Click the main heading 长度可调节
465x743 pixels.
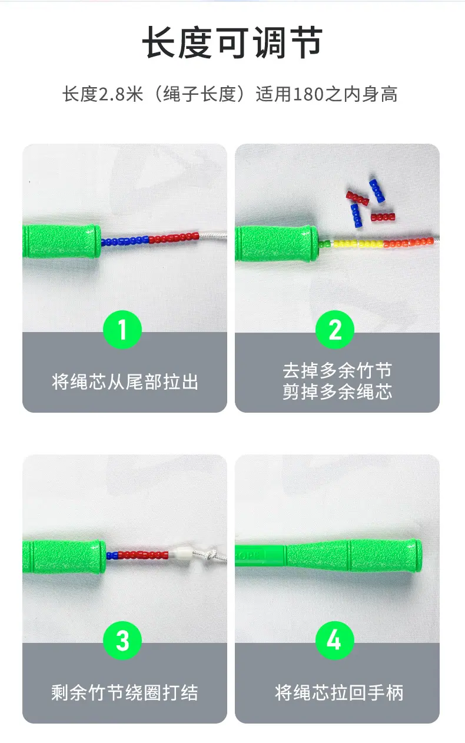coord(232,43)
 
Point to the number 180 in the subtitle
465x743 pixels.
coord(308,94)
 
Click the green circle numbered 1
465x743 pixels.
coord(122,330)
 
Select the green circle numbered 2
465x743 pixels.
coord(335,330)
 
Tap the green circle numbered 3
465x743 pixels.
coord(122,641)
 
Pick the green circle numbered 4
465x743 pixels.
coord(335,641)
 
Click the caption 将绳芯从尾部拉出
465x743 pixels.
coord(125,382)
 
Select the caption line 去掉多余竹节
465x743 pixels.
coord(337,370)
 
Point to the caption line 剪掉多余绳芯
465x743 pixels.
coord(337,392)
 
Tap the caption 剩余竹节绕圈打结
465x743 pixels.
coord(125,692)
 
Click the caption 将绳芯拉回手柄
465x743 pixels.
coord(339,692)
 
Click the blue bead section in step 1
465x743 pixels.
coord(125,240)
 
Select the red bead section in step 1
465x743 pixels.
coord(174,238)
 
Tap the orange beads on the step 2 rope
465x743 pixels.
coord(408,243)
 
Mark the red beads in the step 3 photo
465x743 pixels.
coord(143,555)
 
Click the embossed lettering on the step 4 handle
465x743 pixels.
coord(250,555)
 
